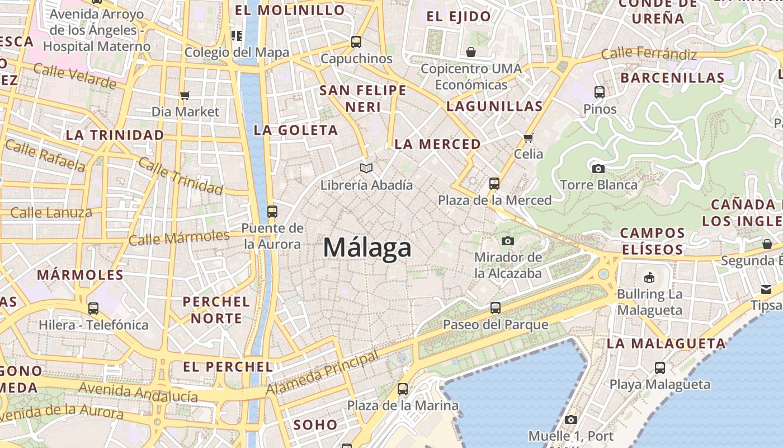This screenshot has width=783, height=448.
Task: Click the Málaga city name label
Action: pyautogui.click(x=367, y=248)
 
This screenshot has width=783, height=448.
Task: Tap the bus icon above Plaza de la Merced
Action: pyautogui.click(x=494, y=183)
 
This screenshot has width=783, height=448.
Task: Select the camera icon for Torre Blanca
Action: pyautogui.click(x=598, y=168)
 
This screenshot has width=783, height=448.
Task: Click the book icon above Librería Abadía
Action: pyautogui.click(x=366, y=168)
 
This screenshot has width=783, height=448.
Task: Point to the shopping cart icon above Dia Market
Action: pyautogui.click(x=185, y=95)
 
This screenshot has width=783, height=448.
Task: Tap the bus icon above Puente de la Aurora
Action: pyautogui.click(x=272, y=211)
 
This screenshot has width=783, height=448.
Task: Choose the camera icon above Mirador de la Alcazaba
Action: pyautogui.click(x=507, y=241)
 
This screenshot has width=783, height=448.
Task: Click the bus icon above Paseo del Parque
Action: pyautogui.click(x=495, y=307)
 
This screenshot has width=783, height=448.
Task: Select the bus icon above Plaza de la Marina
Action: pyautogui.click(x=402, y=389)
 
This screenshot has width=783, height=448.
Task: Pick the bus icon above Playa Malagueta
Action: pyautogui.click(x=660, y=368)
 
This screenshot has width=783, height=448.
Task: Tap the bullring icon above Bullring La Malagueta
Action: pyautogui.click(x=649, y=277)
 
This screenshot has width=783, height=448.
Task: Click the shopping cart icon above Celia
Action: pyautogui.click(x=528, y=137)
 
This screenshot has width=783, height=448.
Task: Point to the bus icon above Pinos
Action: pyautogui.click(x=600, y=92)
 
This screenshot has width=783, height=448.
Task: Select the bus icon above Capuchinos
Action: pyautogui.click(x=356, y=41)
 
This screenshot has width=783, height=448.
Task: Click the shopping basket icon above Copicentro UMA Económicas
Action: pyautogui.click(x=471, y=52)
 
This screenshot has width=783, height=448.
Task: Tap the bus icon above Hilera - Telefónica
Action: pyautogui.click(x=93, y=308)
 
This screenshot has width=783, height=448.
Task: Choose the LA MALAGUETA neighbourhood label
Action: pyautogui.click(x=666, y=343)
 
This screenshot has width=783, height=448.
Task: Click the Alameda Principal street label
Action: pyautogui.click(x=322, y=372)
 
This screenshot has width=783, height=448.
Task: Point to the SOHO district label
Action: pyautogui.click(x=315, y=424)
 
